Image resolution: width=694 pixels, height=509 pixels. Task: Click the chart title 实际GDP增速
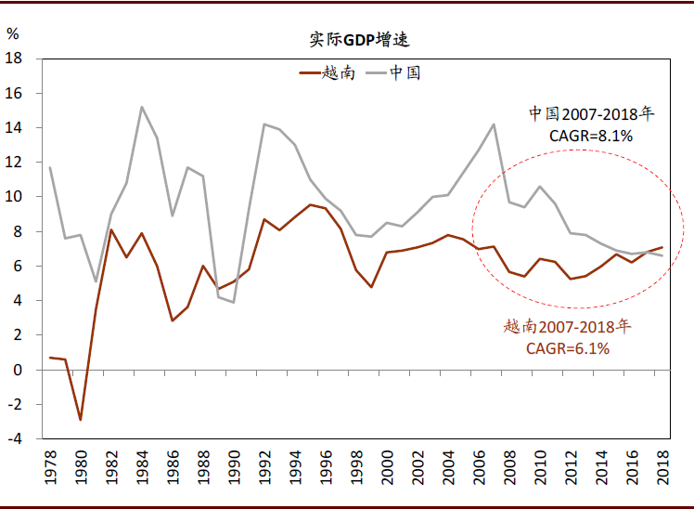click(x=359, y=40)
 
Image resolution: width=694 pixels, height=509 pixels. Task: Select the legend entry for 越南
click(x=325, y=72)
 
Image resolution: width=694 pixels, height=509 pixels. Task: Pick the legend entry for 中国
click(x=393, y=72)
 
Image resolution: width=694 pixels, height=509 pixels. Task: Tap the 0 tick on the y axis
click(x=19, y=371)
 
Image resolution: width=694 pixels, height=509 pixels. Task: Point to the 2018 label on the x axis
click(x=663, y=472)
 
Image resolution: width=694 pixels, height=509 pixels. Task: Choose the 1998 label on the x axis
click(x=356, y=472)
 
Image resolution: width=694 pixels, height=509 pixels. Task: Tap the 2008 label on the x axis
click(x=509, y=472)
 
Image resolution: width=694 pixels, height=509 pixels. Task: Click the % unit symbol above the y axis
click(x=12, y=34)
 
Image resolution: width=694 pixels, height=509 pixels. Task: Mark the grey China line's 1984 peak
click(x=141, y=107)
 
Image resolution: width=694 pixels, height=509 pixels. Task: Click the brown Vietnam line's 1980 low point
click(x=81, y=420)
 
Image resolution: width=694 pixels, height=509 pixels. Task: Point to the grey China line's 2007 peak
click(x=495, y=124)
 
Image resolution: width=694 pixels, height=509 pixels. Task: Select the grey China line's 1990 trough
click(x=234, y=302)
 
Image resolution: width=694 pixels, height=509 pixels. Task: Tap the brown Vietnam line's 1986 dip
click(x=172, y=320)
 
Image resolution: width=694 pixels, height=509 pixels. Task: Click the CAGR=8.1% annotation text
click(x=591, y=136)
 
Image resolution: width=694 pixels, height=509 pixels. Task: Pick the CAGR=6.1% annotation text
click(x=568, y=348)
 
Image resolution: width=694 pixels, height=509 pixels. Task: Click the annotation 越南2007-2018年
click(x=568, y=327)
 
